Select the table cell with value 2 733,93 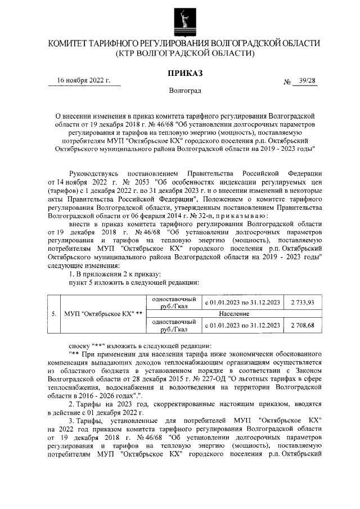[x=303, y=303]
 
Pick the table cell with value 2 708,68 [x=303, y=325]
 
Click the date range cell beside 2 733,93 [x=242, y=303]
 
